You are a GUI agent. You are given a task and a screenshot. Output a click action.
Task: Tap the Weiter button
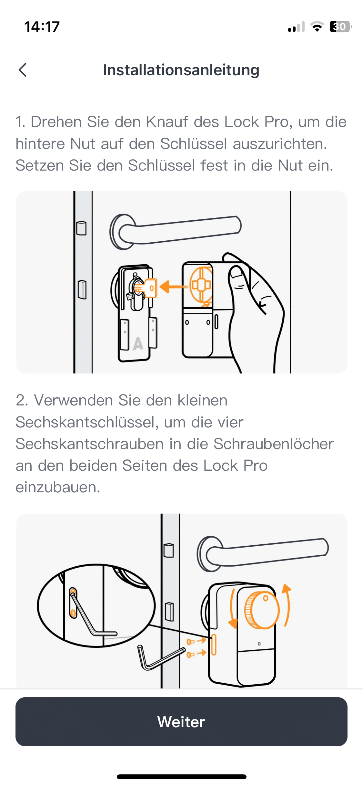181,721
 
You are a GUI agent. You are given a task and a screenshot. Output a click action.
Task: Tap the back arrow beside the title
23,70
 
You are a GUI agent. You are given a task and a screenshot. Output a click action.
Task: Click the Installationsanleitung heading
181,70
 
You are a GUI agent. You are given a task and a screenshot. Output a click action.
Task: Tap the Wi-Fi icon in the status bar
317,26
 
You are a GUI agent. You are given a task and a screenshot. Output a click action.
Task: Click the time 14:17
42,26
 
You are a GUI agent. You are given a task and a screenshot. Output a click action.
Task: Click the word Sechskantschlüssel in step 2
87,422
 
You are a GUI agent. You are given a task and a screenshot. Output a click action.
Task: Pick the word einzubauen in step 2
58,488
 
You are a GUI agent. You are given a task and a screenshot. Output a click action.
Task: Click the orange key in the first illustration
147,287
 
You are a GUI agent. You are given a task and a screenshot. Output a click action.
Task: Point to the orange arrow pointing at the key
174,287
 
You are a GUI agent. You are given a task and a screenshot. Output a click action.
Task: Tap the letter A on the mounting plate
138,343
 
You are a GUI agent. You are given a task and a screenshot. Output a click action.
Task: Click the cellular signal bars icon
296,27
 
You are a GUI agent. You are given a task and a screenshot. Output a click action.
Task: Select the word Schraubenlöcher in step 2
273,444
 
